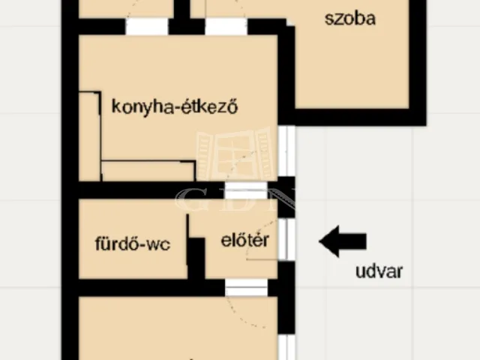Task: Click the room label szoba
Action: [x=350, y=19]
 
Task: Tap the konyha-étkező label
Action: [x=174, y=106]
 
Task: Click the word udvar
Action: [x=379, y=271]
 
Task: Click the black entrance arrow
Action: [x=343, y=241]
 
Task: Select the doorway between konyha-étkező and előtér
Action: [x=246, y=190]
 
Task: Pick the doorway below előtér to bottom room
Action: [x=247, y=287]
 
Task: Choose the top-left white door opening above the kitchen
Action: [x=146, y=27]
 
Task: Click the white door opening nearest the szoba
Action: [x=226, y=27]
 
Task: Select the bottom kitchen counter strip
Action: [x=148, y=171]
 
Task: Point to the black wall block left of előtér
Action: [x=196, y=258]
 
